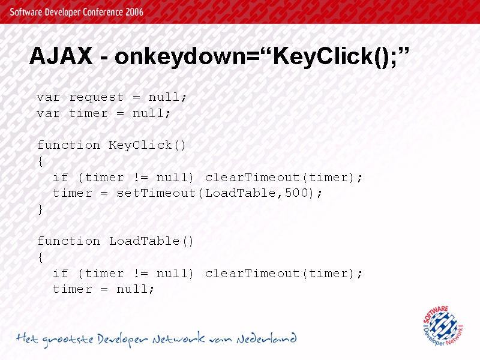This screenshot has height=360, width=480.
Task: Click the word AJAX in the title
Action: tap(61, 56)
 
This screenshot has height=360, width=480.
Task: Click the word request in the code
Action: tap(97, 98)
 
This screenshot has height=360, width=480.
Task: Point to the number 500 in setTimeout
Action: tap(296, 193)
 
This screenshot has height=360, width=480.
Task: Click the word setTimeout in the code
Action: tap(156, 193)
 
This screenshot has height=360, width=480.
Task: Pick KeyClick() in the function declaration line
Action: tap(147, 145)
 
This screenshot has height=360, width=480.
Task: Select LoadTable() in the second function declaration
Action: tap(152, 241)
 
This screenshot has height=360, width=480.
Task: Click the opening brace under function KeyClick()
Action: tap(41, 161)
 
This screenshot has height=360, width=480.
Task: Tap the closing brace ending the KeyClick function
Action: tap(41, 209)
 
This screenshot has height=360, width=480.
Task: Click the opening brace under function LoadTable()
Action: tap(41, 257)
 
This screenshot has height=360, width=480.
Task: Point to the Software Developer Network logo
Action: tap(443, 326)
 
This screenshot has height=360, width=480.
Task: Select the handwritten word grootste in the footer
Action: tap(68, 340)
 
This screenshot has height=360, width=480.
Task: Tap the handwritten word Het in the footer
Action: tap(27, 338)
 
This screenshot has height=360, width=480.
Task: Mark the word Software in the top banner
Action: tap(26, 12)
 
